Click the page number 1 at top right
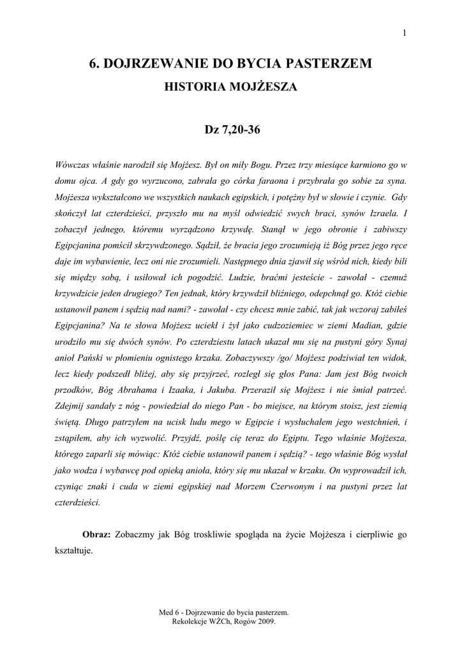click(x=405, y=34)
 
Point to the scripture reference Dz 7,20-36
click(x=231, y=130)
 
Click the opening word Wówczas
click(x=73, y=165)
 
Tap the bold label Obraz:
click(x=97, y=533)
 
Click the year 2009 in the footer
click(x=264, y=620)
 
